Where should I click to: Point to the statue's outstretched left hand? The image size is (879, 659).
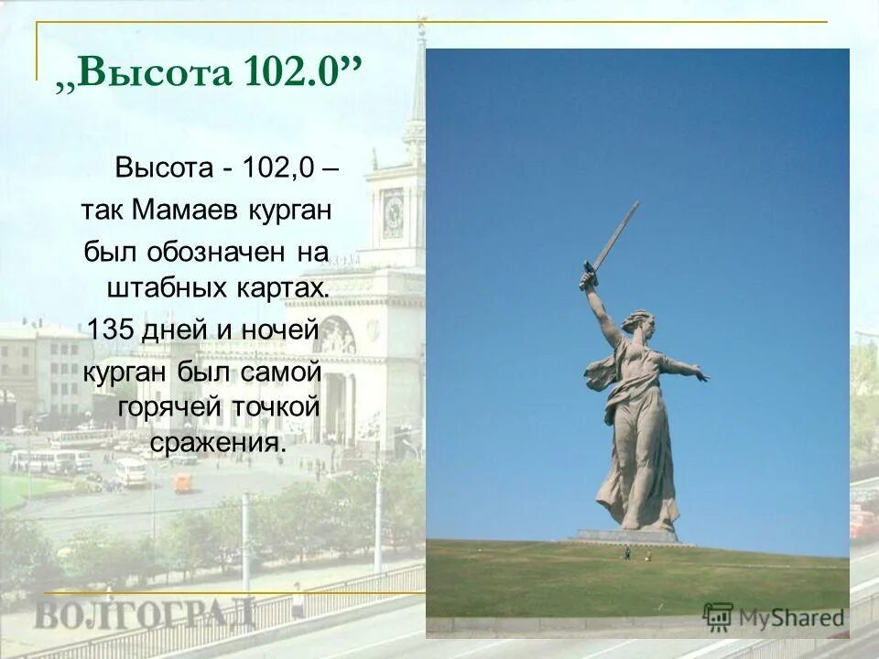coord(700,374)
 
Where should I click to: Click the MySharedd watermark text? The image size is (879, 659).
coord(792,617)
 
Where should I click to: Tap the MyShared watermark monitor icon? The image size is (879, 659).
coord(719,616)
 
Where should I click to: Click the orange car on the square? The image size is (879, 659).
coord(183,481)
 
